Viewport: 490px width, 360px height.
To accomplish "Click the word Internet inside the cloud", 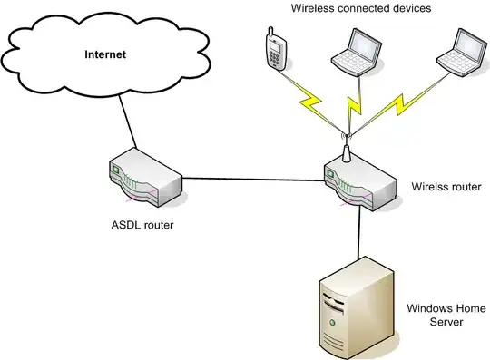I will point(105,54).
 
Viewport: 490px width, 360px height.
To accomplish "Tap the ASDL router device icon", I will point(144,180).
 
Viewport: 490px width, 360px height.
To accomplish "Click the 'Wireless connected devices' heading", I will point(360,8).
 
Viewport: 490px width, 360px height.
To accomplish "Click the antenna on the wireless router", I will point(346,149).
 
